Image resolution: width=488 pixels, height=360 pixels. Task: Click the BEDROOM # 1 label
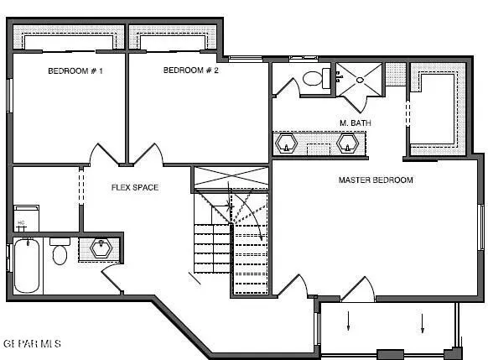point(75,71)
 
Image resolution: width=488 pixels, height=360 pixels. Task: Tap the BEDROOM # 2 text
point(190,70)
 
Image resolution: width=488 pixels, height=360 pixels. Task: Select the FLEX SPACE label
point(135,187)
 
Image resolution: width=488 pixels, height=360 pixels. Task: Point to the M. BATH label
point(356,123)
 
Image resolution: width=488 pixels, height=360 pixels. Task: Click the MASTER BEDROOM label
point(376,180)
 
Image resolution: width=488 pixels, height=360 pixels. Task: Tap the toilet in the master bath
point(316,80)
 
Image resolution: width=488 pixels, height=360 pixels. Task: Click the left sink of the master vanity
point(288,144)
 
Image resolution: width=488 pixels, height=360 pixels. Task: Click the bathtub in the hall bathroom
point(26,265)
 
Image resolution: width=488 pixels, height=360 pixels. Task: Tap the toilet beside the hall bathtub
point(60,252)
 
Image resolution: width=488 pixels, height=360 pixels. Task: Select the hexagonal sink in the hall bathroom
point(101,249)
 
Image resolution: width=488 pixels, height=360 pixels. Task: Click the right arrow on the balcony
point(423,321)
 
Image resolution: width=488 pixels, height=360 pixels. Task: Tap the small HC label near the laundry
point(21,223)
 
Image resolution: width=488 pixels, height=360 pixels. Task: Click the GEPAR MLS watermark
point(32,343)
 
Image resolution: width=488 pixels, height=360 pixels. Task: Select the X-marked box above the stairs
point(231,178)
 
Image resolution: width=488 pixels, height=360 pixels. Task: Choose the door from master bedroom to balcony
point(357,291)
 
